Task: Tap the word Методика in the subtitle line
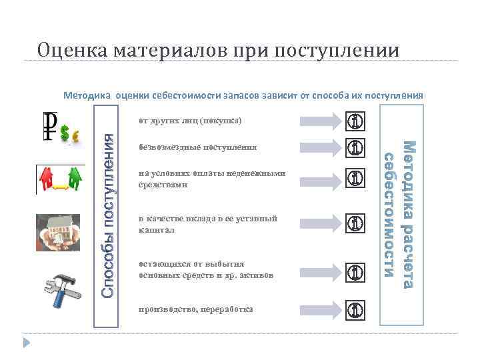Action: [x=87, y=95]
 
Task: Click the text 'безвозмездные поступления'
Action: [x=197, y=146]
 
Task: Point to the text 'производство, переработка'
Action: [x=196, y=309]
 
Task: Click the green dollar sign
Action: [x=65, y=134]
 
